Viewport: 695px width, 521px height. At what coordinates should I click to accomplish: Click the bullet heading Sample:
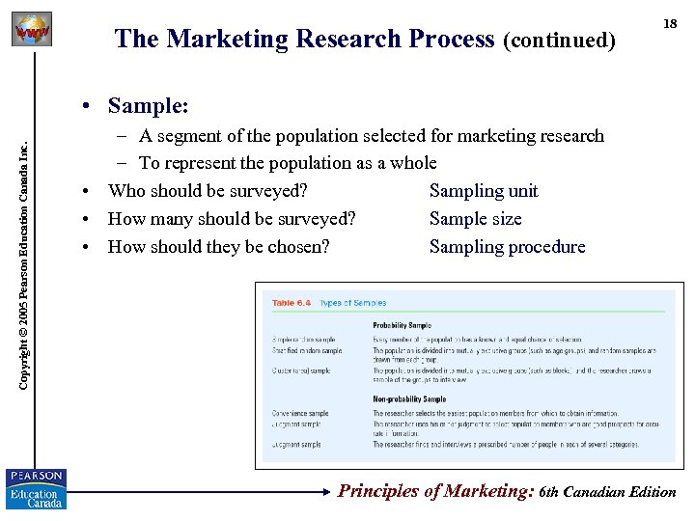click(148, 104)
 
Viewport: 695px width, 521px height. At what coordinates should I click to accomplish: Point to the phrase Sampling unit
click(484, 191)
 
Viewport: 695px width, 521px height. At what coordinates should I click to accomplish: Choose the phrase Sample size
click(475, 219)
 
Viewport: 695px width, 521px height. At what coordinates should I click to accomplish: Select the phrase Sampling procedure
click(507, 246)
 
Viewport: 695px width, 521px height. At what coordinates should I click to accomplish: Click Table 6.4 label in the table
click(291, 303)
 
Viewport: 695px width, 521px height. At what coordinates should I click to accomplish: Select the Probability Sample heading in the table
click(402, 326)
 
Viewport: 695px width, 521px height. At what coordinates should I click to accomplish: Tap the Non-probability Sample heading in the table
click(409, 398)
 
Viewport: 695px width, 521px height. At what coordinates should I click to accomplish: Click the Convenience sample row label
click(300, 413)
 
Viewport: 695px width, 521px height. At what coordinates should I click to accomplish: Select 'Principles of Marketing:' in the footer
click(435, 491)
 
